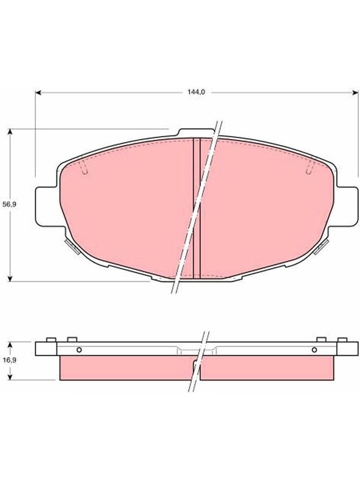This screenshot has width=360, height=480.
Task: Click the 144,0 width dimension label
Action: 196,92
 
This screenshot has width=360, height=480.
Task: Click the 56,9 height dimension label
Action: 9,205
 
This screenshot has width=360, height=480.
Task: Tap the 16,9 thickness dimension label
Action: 9,360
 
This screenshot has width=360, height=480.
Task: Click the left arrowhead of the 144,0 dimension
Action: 38,92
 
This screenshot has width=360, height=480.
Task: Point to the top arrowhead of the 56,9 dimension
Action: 10,132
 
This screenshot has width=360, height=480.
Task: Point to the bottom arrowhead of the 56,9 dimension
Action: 10,278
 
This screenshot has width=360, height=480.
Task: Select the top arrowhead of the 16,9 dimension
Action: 10,344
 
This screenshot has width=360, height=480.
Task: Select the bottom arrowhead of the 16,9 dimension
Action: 10,377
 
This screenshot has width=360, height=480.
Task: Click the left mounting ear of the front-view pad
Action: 47,206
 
